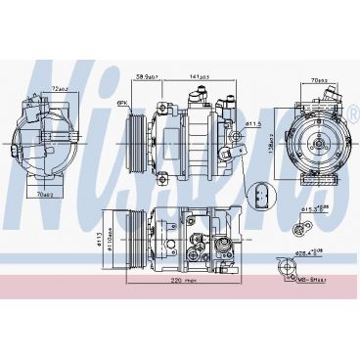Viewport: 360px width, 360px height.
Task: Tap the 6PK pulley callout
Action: (123, 101)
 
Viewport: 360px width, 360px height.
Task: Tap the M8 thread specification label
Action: (317, 276)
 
